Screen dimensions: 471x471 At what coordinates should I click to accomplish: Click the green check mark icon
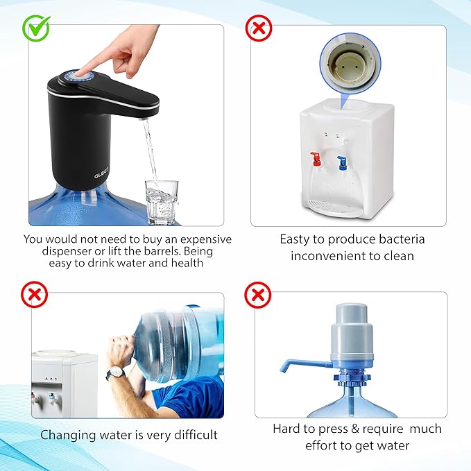click(x=36, y=28)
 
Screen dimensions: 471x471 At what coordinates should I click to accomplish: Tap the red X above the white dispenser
click(x=259, y=28)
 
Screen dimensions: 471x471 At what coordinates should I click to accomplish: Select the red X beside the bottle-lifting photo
click(x=34, y=294)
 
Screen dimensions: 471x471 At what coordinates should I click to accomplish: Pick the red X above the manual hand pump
click(x=258, y=295)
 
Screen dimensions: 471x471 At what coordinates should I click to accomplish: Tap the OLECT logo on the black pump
click(x=101, y=173)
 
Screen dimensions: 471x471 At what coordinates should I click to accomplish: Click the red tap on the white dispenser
click(x=315, y=159)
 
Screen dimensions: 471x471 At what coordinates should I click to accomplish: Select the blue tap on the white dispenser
click(x=342, y=162)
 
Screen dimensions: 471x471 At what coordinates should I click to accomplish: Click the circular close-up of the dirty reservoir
click(x=350, y=64)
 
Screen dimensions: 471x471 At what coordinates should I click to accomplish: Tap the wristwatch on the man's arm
click(x=116, y=373)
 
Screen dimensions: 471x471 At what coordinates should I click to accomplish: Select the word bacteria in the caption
click(x=402, y=239)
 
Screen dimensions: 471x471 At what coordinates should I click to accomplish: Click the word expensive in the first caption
click(x=206, y=240)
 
